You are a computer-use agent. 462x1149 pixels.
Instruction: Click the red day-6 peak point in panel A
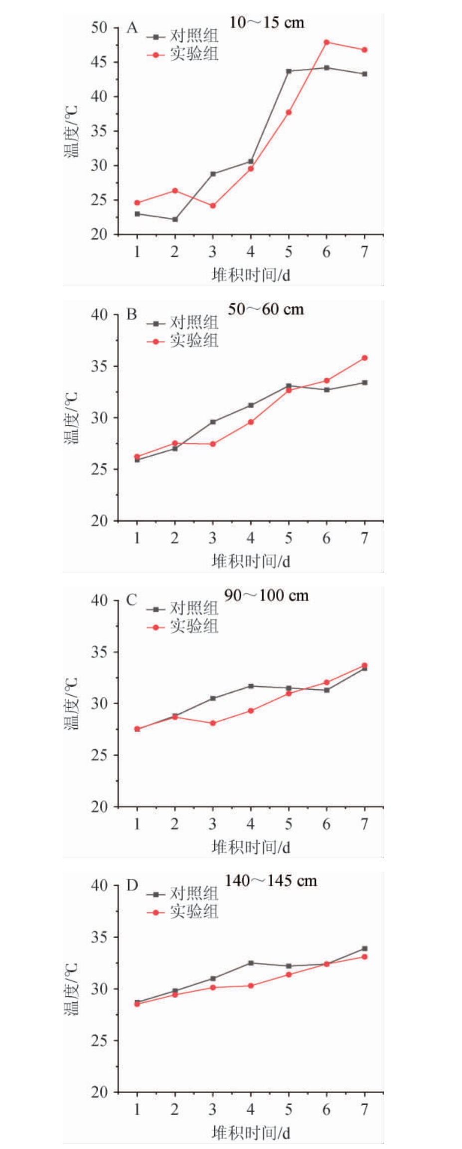tap(326, 42)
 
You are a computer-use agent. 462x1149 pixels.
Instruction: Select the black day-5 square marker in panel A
tap(289, 71)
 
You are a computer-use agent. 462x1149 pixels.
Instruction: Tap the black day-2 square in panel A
tap(175, 219)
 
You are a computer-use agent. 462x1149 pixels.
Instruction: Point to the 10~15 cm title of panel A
tap(267, 23)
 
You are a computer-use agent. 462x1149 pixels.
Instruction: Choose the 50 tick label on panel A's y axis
tap(99, 28)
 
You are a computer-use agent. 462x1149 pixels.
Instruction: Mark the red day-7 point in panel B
tap(365, 358)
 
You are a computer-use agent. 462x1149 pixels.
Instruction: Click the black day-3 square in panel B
tap(213, 422)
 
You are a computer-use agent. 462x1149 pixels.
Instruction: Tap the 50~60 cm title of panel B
tap(266, 310)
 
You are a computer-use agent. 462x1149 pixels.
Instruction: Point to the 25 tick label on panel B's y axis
tap(99, 469)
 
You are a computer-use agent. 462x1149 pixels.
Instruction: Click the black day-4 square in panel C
tap(251, 686)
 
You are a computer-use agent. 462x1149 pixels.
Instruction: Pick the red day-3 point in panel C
tap(213, 723)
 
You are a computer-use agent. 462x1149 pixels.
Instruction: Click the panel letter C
tap(132, 600)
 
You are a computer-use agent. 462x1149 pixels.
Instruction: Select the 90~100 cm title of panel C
tap(266, 596)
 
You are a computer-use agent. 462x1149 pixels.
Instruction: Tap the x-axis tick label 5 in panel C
tap(289, 824)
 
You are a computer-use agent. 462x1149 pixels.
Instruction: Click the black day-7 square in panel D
tap(365, 949)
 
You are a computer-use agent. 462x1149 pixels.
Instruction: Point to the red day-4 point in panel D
tap(251, 986)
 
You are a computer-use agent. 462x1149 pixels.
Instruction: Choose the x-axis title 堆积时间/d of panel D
tap(251, 1133)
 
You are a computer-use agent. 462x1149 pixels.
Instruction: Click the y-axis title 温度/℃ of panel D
tap(71, 989)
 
